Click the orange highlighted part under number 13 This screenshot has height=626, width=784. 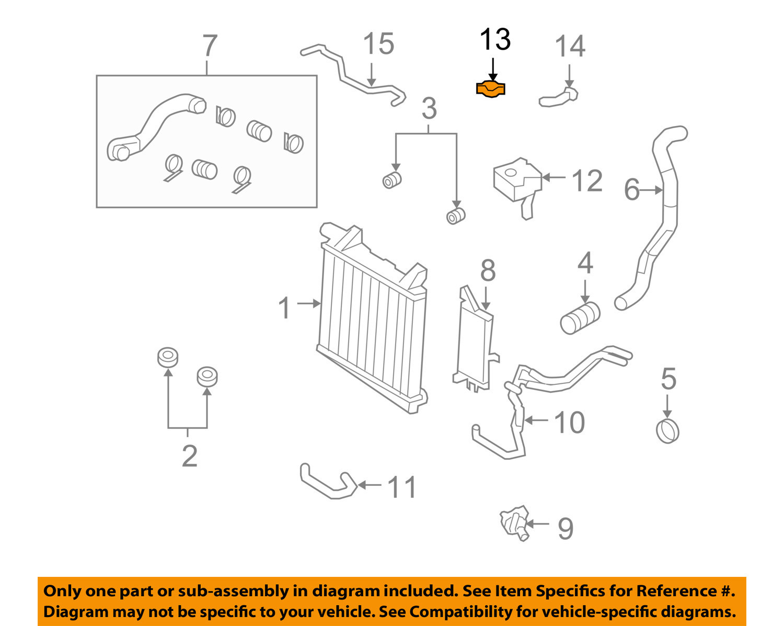click(x=491, y=89)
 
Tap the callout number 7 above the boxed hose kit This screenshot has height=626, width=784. click(x=209, y=46)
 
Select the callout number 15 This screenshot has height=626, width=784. click(x=378, y=44)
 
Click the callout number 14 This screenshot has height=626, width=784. click(x=570, y=47)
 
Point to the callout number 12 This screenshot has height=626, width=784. click(x=587, y=181)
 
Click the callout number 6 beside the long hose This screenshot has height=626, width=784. click(x=632, y=190)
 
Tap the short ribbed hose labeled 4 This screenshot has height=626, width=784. click(x=580, y=317)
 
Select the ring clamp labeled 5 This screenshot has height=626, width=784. click(x=667, y=431)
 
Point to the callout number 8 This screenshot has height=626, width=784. click(x=488, y=271)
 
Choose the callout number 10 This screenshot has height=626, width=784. click(x=569, y=422)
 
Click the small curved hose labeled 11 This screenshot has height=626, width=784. click(x=327, y=482)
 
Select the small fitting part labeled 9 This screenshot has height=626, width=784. click(x=514, y=522)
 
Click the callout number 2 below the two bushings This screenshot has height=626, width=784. click(x=189, y=456)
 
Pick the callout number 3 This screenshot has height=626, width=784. click(x=429, y=109)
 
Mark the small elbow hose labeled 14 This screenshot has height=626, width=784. click(x=559, y=97)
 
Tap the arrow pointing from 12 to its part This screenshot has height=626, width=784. click(x=554, y=178)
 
